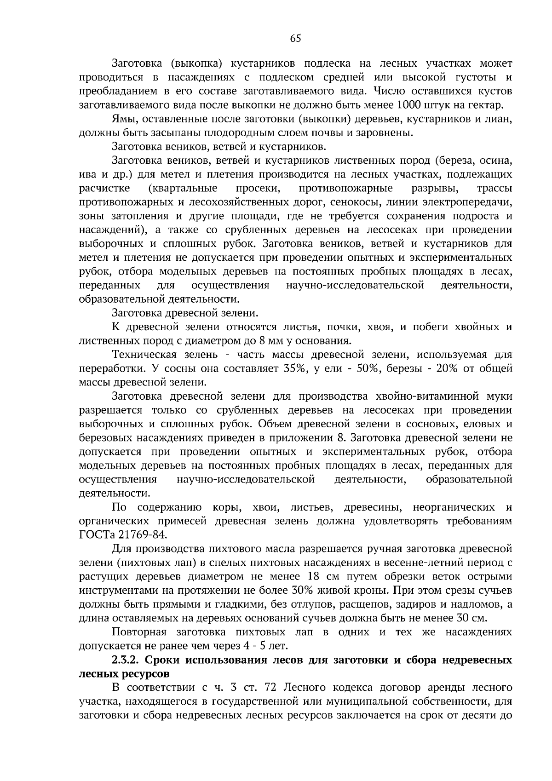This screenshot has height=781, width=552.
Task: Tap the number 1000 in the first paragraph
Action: click(x=408, y=104)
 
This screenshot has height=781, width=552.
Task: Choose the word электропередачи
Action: click(x=471, y=202)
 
